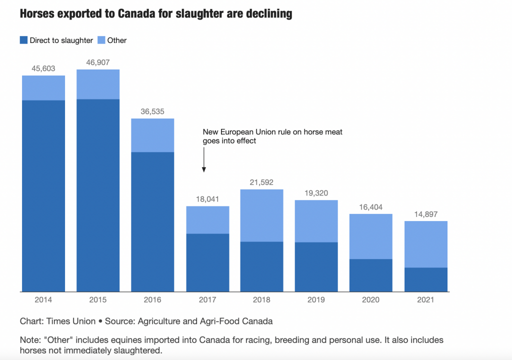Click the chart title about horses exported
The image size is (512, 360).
[155, 13]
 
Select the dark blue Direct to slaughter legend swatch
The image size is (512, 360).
[23, 40]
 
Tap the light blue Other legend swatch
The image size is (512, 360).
[101, 40]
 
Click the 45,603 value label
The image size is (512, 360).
[43, 68]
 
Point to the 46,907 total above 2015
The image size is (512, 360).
[97, 62]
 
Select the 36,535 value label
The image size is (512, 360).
[152, 111]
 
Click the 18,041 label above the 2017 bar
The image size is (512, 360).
[207, 199]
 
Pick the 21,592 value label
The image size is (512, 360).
[262, 182]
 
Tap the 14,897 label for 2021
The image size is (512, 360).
[426, 214]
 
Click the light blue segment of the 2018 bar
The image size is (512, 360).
[262, 215]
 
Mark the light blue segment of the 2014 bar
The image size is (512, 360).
[43, 88]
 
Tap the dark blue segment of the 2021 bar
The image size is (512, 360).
[426, 279]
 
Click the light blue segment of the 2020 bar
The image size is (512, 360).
[371, 236]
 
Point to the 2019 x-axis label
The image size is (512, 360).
[316, 300]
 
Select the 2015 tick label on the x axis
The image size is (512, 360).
[97, 300]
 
